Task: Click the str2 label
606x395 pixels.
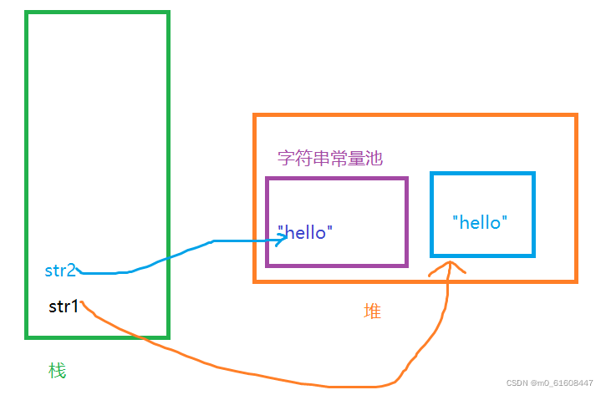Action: coord(60,271)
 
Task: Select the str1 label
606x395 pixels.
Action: coord(64,306)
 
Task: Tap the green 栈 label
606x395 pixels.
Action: coord(57,370)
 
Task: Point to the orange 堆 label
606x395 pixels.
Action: coord(372,311)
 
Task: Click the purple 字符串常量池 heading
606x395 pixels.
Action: coord(330,158)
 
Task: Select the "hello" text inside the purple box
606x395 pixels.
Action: coord(305,233)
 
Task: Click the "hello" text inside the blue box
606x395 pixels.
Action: coord(480,222)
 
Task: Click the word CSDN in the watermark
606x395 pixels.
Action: coord(518,382)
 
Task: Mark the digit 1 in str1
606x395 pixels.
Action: coord(74,306)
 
